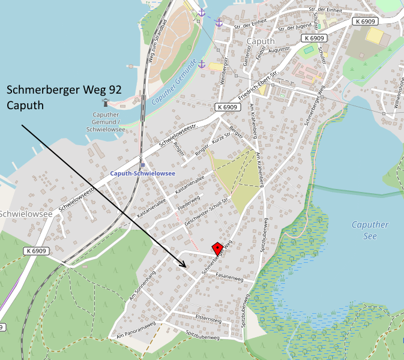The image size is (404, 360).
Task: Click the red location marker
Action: (217, 248)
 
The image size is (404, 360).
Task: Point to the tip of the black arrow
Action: (187, 268)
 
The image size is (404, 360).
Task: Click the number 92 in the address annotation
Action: (112, 89)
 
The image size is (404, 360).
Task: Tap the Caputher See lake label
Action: (369, 230)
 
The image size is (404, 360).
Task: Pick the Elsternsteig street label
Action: (208, 318)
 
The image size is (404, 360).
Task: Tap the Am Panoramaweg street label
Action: (136, 332)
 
